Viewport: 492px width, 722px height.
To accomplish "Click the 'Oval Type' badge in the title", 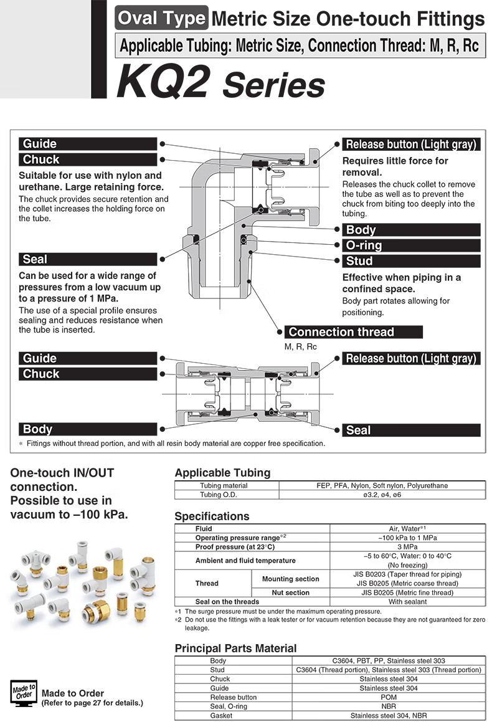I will (x=162, y=19).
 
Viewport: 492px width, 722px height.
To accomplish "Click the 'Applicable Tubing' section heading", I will (x=222, y=472).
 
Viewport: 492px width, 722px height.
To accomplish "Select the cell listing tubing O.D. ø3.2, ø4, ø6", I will (x=382, y=495).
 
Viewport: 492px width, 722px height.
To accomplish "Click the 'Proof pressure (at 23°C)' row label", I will (x=235, y=546).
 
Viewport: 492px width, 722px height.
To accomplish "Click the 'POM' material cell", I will (x=389, y=697).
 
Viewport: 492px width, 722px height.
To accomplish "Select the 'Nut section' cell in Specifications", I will (x=290, y=592).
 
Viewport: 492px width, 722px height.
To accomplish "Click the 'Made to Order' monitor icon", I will (x=24, y=693).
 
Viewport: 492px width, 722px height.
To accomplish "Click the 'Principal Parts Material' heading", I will (x=235, y=648).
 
